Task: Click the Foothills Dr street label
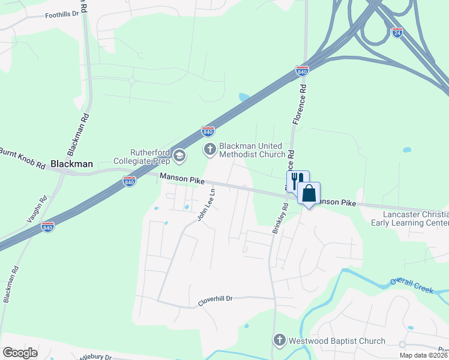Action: pos(62,14)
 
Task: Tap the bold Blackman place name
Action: pos(71,163)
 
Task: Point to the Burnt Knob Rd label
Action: pos(23,158)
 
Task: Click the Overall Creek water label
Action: pos(412,285)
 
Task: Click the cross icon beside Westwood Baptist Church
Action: pos(279,340)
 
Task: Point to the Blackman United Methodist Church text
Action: pos(252,150)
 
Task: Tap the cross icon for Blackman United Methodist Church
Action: pos(210,149)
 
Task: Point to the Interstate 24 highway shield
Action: pos(397,32)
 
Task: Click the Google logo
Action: pos(20,353)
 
